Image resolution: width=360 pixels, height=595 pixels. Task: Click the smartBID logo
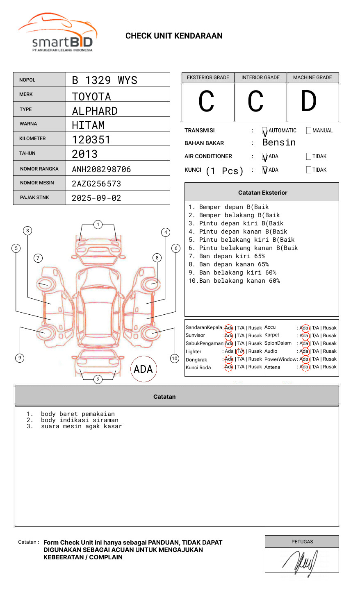tap(57, 33)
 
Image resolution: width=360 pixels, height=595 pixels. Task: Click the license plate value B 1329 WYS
tap(105, 80)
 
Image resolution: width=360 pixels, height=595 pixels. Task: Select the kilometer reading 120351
tap(91, 140)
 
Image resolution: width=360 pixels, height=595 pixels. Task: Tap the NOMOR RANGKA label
tap(39, 169)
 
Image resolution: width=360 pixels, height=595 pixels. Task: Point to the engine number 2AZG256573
tap(96, 184)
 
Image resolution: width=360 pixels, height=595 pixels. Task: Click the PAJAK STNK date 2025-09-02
tap(96, 198)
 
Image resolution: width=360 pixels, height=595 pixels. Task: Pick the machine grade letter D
tap(309, 102)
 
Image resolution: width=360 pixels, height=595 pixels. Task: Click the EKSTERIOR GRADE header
tap(208, 77)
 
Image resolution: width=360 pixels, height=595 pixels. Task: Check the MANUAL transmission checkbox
tap(309, 131)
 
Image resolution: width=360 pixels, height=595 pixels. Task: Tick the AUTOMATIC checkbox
tap(265, 131)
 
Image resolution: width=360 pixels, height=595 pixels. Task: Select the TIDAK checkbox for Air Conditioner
tap(309, 157)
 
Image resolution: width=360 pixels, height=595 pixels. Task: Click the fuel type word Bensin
tap(279, 143)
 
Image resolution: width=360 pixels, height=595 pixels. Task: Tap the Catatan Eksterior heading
tap(262, 193)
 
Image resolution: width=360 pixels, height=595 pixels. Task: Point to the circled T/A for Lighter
tap(240, 352)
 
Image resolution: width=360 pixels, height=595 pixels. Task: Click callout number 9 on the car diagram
tap(20, 358)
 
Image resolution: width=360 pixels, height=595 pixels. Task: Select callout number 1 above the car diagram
tap(98, 224)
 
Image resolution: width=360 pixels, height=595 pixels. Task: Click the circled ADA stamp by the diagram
tap(143, 369)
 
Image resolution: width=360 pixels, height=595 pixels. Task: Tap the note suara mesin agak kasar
tap(81, 426)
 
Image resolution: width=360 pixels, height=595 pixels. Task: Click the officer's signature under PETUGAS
tap(300, 561)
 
